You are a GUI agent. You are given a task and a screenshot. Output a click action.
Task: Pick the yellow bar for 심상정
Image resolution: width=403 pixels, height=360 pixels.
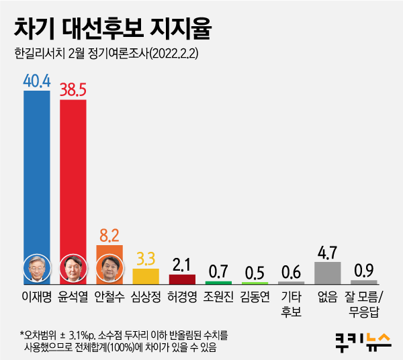[146, 276]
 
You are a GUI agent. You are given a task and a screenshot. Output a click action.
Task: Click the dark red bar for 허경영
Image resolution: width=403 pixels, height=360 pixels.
[182, 279]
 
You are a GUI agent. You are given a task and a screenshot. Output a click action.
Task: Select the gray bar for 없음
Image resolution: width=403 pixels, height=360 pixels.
[328, 273]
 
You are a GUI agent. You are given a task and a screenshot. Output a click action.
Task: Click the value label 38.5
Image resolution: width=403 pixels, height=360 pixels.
[73, 91]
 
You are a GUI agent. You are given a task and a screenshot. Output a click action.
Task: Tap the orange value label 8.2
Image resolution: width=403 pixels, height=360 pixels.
[109, 235]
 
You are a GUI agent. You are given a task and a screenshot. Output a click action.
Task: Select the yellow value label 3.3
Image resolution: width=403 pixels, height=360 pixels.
[146, 259]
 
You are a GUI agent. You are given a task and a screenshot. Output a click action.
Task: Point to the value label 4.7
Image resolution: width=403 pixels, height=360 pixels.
[328, 253]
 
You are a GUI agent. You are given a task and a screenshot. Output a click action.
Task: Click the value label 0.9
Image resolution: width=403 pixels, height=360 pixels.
[364, 271]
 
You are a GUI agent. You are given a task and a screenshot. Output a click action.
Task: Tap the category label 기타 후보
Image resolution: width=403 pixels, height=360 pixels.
[291, 303]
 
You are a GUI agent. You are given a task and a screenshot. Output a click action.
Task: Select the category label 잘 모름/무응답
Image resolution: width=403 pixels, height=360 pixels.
[364, 303]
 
